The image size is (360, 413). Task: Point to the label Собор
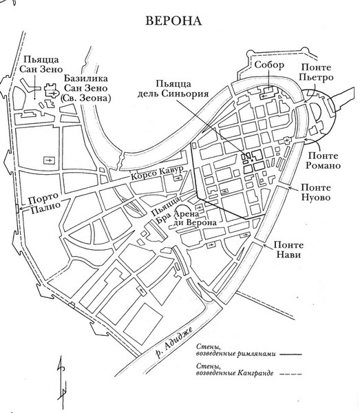point(268,65)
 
